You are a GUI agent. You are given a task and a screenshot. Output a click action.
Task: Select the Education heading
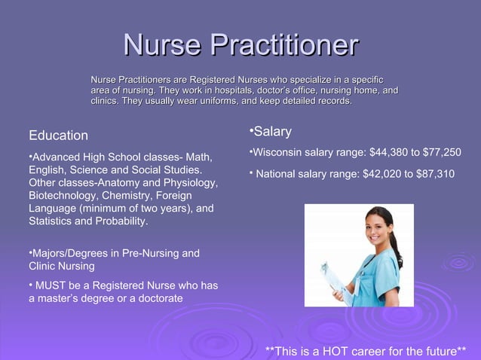point(58,136)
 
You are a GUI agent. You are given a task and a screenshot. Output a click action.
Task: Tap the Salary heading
point(272,132)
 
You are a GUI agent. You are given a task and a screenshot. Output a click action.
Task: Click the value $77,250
point(441,153)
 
